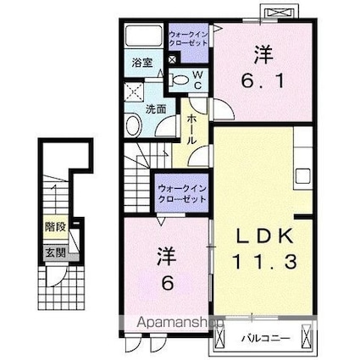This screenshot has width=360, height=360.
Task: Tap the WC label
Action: click(195, 80)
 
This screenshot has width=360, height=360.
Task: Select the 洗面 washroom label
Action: click(154, 109)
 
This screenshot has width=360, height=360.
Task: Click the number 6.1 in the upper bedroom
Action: click(256, 83)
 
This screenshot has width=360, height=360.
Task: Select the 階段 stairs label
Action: click(55, 228)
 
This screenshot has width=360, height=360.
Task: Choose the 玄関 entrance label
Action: click(55, 252)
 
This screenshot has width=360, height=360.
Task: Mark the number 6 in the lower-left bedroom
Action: click(165, 284)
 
